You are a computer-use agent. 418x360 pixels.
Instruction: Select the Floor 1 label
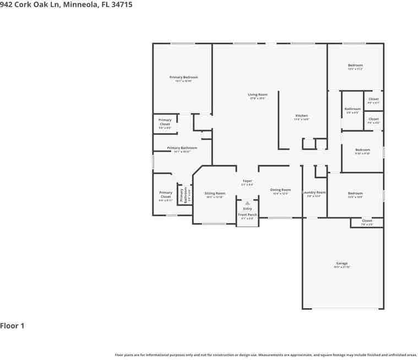pyautogui.click(x=12, y=326)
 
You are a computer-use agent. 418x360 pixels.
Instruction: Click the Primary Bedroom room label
pyautogui.click(x=183, y=78)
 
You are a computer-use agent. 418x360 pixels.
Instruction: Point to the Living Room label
pyautogui.click(x=258, y=95)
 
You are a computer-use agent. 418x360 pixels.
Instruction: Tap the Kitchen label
pyautogui.click(x=301, y=116)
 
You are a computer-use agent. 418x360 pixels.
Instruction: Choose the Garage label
pyautogui.click(x=341, y=264)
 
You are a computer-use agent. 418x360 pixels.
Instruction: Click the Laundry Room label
pyautogui.click(x=314, y=193)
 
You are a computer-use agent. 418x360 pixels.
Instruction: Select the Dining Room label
pyautogui.click(x=280, y=190)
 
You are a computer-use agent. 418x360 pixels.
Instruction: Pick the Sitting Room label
pyautogui.click(x=215, y=193)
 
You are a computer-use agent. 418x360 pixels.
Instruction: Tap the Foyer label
pyautogui.click(x=247, y=181)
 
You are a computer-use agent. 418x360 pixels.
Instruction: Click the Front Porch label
pyautogui.click(x=247, y=215)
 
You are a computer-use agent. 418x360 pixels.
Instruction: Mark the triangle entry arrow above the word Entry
pyautogui.click(x=247, y=203)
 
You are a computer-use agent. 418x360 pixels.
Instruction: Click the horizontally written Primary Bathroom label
pyautogui.click(x=182, y=148)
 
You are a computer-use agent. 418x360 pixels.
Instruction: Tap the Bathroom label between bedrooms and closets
pyautogui.click(x=352, y=109)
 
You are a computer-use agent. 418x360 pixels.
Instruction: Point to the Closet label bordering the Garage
pyautogui.click(x=367, y=221)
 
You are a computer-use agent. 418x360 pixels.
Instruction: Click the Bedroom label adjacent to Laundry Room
pyautogui.click(x=355, y=193)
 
